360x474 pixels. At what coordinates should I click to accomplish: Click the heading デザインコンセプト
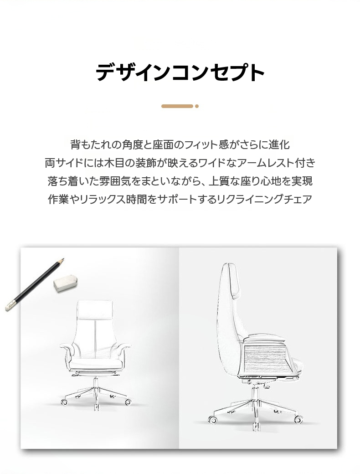tap(180, 72)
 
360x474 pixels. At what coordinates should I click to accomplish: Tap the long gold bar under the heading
tap(177, 106)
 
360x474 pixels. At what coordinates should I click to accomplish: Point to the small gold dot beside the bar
tap(197, 106)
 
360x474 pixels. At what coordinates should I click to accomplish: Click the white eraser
tap(66, 283)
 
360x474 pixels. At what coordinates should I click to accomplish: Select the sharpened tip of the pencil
tap(63, 259)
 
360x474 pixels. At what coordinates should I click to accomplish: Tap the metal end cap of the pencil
tap(10, 306)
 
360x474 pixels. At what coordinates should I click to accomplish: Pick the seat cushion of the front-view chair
tap(96, 363)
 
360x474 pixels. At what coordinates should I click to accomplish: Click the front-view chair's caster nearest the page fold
tap(128, 402)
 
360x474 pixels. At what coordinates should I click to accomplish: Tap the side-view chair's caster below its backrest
tap(212, 419)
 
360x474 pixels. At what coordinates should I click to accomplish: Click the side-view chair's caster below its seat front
tap(298, 419)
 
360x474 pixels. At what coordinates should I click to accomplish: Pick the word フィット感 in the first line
tap(206, 144)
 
